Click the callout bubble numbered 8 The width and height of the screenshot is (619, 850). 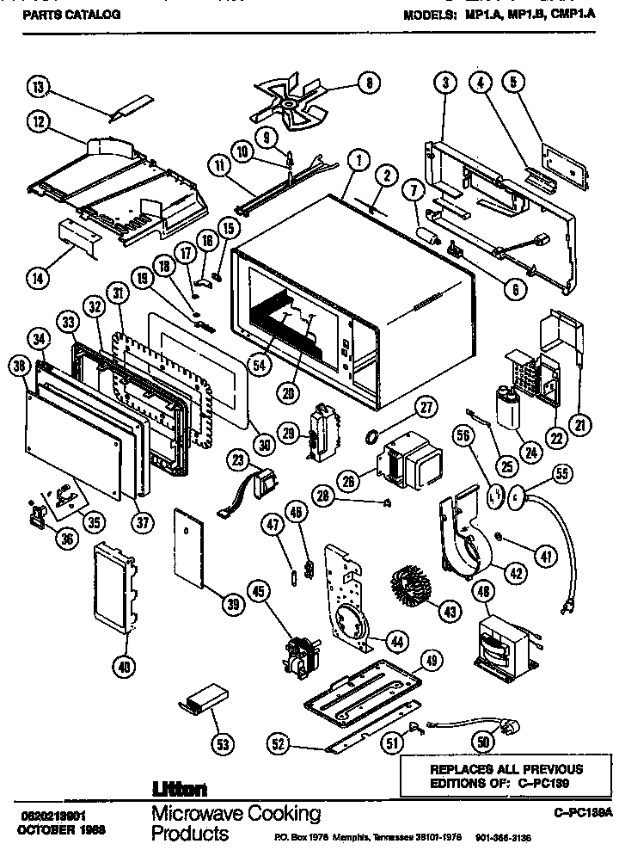[x=368, y=83]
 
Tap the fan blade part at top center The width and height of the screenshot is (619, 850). [x=287, y=104]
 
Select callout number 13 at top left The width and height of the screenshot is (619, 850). [x=39, y=89]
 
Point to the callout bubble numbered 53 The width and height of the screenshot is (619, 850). [x=223, y=745]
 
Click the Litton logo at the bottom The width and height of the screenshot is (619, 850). [x=179, y=788]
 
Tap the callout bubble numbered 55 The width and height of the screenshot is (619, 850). [x=562, y=472]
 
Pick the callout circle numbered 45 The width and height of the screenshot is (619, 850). [x=258, y=590]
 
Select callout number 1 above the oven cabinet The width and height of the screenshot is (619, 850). [x=357, y=158]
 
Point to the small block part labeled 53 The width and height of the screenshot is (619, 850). [x=205, y=698]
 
